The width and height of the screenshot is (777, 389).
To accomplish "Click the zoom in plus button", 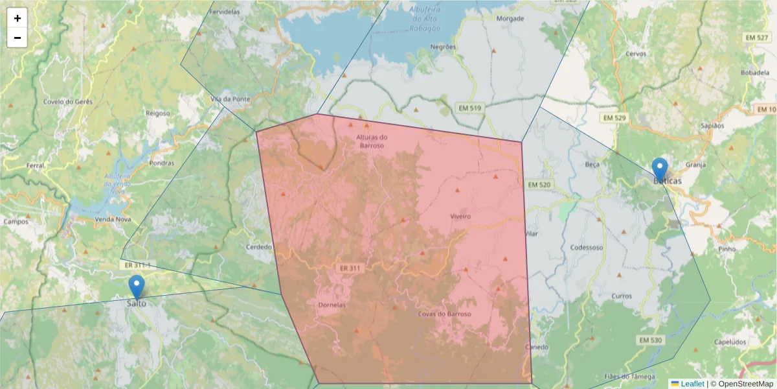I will (x=17, y=18).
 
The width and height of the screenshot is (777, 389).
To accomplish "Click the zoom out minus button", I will (x=17, y=38).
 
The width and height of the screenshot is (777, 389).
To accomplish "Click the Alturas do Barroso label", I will (x=371, y=141).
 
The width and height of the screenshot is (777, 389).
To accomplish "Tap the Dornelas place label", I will (x=332, y=305).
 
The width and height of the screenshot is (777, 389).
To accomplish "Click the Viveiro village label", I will (x=460, y=216).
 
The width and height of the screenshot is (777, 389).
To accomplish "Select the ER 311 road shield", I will (x=349, y=268).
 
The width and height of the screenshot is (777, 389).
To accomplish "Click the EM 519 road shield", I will (x=469, y=107).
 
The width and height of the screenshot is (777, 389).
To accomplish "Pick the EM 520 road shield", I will (x=539, y=185).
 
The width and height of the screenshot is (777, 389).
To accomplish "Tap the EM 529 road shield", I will (x=614, y=117).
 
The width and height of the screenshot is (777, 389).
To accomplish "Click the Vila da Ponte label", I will (x=230, y=99).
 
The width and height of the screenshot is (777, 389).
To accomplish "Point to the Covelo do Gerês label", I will (x=68, y=102).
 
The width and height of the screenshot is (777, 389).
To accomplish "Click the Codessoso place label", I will (x=587, y=247).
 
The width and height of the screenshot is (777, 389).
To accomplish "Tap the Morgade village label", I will (x=510, y=19).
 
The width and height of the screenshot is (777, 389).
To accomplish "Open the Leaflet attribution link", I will (x=692, y=384).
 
